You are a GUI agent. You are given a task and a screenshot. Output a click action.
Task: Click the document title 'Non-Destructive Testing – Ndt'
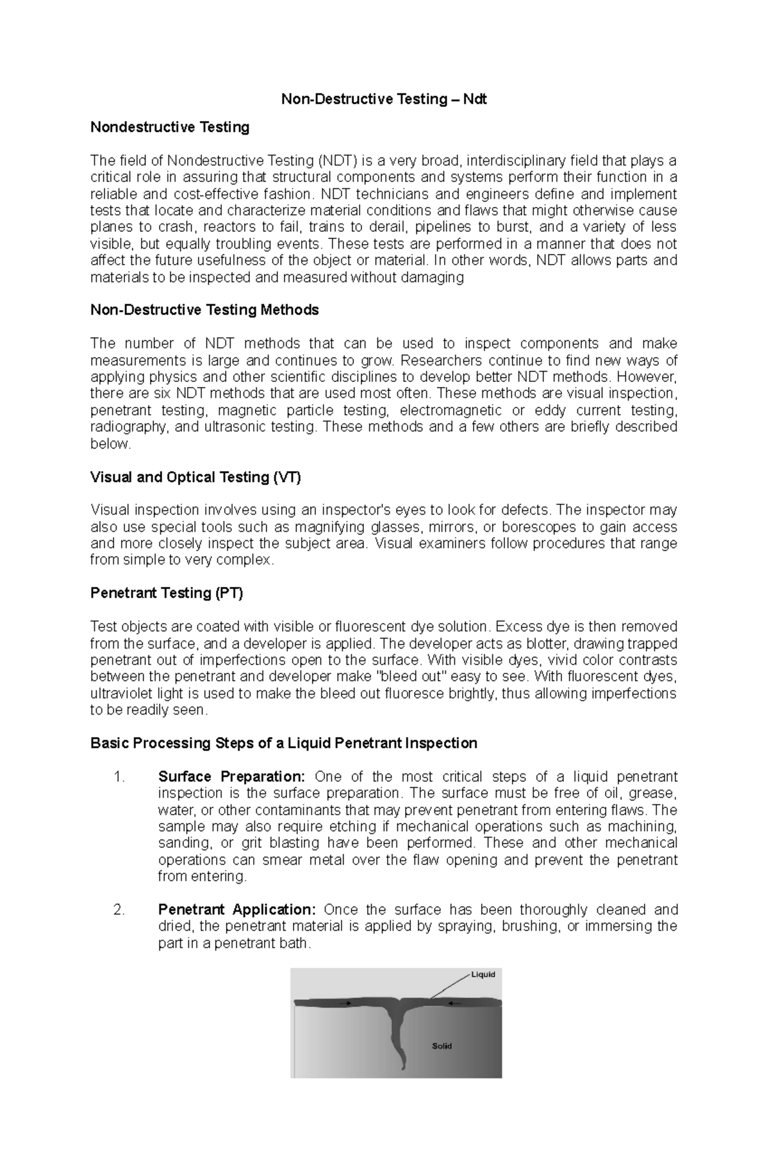[384, 99]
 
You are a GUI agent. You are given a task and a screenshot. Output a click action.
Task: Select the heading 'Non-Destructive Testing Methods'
[204, 310]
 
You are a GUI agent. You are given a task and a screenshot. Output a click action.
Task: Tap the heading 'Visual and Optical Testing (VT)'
[195, 477]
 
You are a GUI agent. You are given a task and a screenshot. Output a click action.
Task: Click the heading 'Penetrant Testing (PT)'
[167, 593]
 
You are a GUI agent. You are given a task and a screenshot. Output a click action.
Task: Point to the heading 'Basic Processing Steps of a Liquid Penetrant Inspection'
[283, 743]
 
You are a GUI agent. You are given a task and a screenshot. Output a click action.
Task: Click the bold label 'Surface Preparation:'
[231, 777]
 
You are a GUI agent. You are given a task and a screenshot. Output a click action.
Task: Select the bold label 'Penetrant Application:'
[236, 910]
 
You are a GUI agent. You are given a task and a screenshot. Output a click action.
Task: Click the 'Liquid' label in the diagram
[483, 975]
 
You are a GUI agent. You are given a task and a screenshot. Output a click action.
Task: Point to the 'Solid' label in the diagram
[442, 1046]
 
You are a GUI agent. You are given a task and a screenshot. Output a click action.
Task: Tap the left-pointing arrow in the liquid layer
[454, 1003]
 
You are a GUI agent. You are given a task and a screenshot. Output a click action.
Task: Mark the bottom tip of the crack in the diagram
[403, 1068]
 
